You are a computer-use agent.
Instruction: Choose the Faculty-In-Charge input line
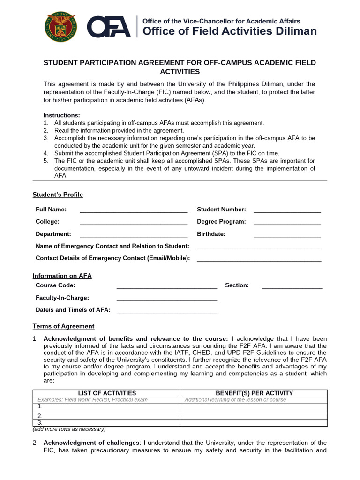167,299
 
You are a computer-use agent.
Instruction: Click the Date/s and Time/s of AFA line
167,311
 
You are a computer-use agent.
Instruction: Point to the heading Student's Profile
58,195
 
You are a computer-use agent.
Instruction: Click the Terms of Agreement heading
63,326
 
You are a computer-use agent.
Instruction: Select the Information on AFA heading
62,276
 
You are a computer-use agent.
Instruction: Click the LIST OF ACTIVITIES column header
106,393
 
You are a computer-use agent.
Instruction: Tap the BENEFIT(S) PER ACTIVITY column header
254,393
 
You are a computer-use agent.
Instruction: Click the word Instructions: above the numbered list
62,115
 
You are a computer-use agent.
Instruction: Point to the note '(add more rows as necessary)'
69,429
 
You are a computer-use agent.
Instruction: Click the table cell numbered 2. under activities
106,416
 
